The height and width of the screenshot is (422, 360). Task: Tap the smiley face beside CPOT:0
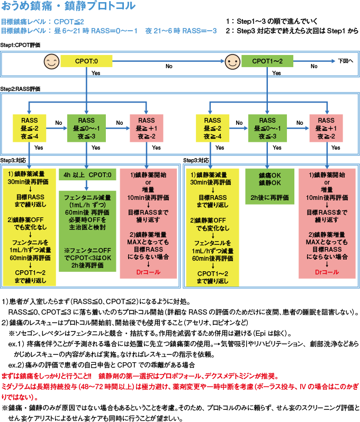pos(50,62)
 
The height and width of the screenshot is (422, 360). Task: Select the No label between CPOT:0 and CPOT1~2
pos(169,67)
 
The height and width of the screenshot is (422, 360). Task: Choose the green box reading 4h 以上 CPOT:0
pos(86,175)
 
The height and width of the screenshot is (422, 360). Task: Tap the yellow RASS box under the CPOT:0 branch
pos(29,128)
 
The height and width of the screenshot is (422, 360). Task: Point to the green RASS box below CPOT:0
pos(86,128)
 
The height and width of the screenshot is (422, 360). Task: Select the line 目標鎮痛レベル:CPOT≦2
pos(42,22)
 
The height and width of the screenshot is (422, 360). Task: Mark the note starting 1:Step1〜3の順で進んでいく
pos(271,22)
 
